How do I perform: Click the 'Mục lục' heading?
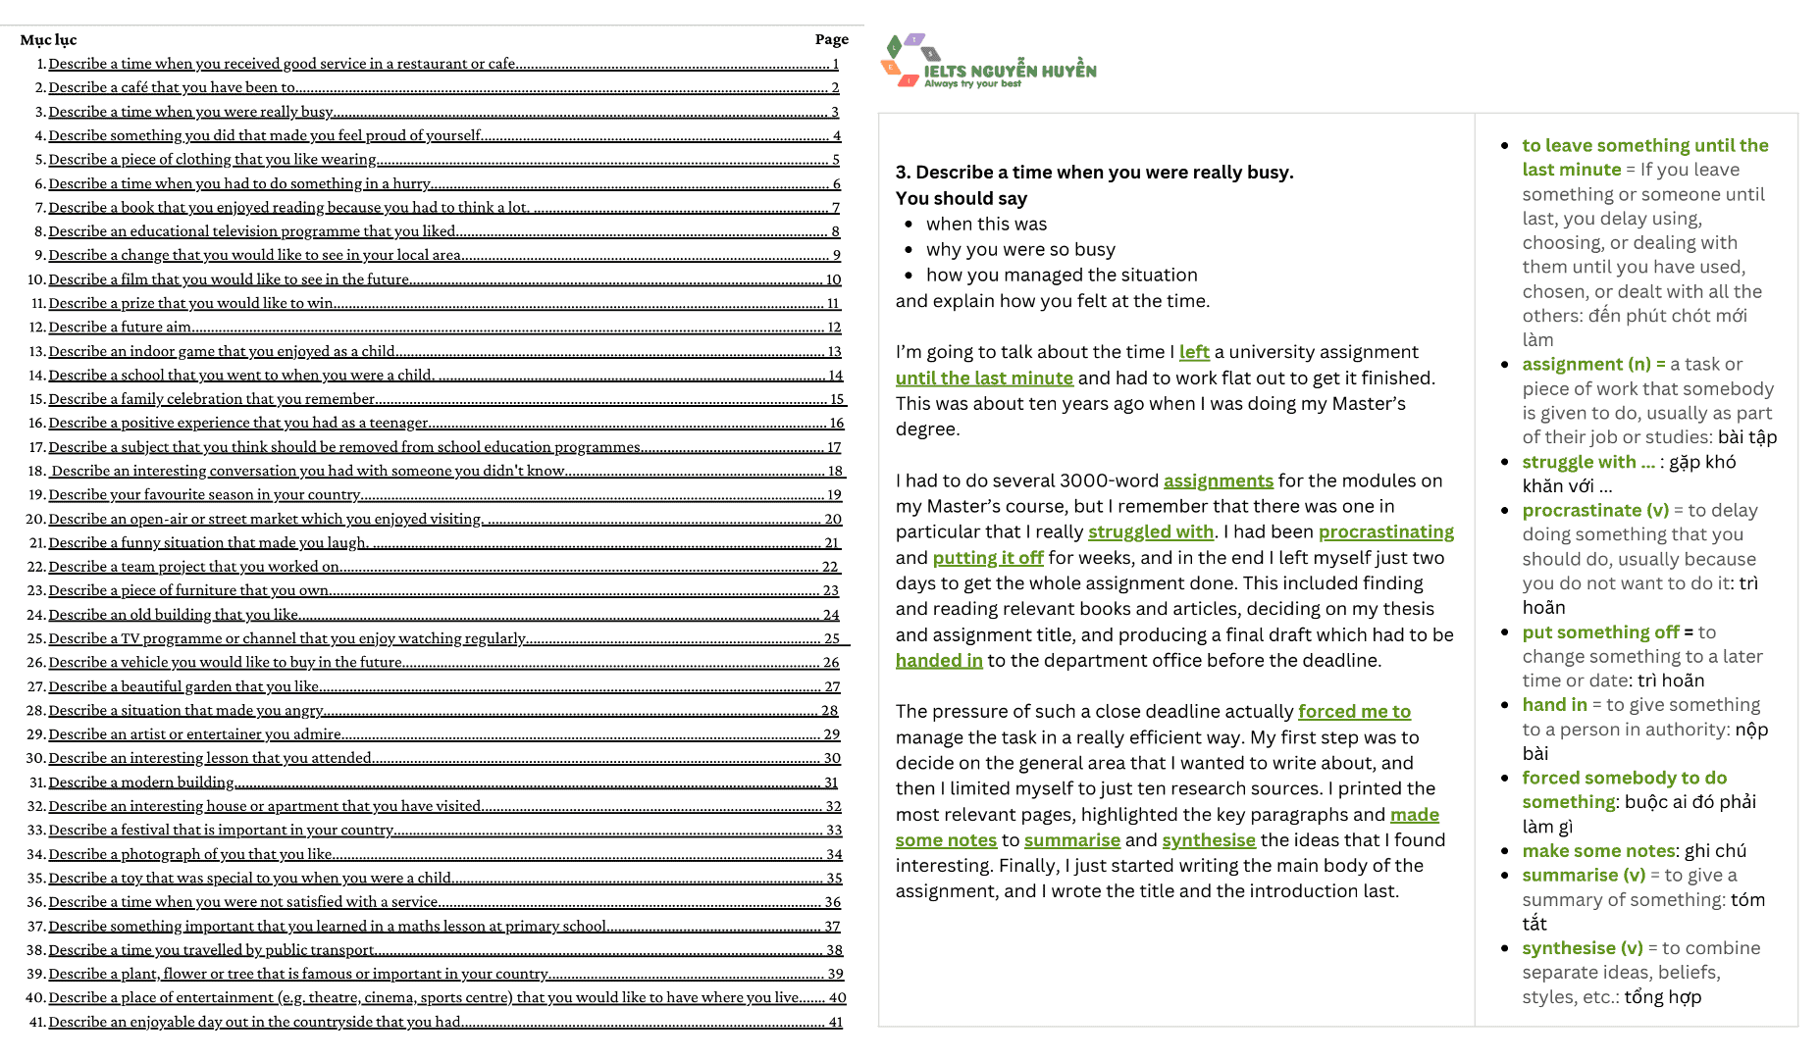click(48, 40)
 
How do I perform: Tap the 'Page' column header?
click(831, 40)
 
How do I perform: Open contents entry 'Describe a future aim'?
click(120, 328)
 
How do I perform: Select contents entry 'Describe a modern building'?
click(141, 782)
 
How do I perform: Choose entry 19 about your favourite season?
click(204, 495)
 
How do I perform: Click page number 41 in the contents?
click(835, 1022)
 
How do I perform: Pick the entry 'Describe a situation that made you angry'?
click(185, 711)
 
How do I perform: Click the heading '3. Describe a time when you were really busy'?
click(1094, 173)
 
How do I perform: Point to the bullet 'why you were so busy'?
click(1020, 250)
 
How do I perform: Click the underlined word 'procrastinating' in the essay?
click(1385, 532)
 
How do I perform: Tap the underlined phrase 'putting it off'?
click(987, 558)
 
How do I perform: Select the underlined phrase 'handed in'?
click(938, 661)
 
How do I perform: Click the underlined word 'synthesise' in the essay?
click(1208, 840)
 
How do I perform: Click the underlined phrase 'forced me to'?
click(1354, 712)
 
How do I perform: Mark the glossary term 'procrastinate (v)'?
click(1594, 511)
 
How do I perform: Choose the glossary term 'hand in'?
click(1553, 705)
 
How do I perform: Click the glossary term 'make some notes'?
click(1598, 851)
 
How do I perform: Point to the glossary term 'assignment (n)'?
click(1586, 365)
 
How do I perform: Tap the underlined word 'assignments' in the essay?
click(1218, 481)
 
